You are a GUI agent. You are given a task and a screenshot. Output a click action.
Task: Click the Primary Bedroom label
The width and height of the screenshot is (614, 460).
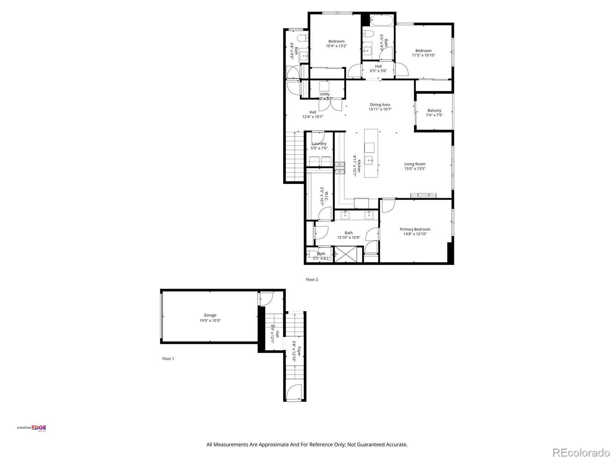(x=415, y=229)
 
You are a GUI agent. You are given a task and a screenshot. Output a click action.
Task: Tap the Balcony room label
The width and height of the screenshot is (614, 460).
(x=434, y=110)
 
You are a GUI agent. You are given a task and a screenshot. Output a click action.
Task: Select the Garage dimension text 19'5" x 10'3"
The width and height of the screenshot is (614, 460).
(x=210, y=320)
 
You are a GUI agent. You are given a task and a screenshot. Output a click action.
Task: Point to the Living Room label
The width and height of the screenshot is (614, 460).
(x=415, y=164)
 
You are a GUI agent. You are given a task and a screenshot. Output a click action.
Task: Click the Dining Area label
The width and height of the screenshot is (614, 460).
(x=380, y=105)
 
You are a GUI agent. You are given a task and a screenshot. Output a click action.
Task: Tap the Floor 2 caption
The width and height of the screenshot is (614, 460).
(x=312, y=280)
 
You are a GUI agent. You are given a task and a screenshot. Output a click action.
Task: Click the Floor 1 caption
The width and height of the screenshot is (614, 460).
(x=168, y=359)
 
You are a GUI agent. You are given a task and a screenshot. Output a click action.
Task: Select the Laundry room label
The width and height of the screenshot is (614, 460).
(x=319, y=144)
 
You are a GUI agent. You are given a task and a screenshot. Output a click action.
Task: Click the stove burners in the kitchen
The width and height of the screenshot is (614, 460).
(x=340, y=168)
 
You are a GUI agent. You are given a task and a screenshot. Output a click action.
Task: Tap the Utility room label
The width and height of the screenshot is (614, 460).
(x=325, y=94)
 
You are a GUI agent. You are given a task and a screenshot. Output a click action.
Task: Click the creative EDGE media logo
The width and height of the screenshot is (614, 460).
(x=32, y=429)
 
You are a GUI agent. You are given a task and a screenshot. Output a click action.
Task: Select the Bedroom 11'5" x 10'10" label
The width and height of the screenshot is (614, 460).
(x=423, y=51)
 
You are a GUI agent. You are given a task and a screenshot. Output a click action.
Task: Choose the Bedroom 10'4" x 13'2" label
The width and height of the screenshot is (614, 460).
(x=336, y=41)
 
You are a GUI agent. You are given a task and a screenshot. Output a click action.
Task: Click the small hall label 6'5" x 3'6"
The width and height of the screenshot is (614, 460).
(x=378, y=71)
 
